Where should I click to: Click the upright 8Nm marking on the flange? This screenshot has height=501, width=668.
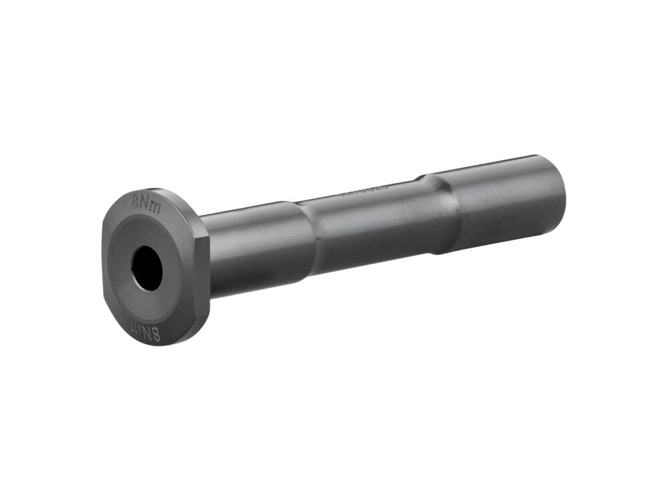[x=146, y=200]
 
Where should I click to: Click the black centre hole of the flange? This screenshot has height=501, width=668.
[x=147, y=268]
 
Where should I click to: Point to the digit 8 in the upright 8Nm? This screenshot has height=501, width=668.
[x=136, y=201]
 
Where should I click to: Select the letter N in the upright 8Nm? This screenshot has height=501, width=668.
[x=146, y=200]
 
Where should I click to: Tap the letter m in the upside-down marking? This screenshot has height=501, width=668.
[x=133, y=327]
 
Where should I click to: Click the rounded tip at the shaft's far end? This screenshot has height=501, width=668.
[x=560, y=194]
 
